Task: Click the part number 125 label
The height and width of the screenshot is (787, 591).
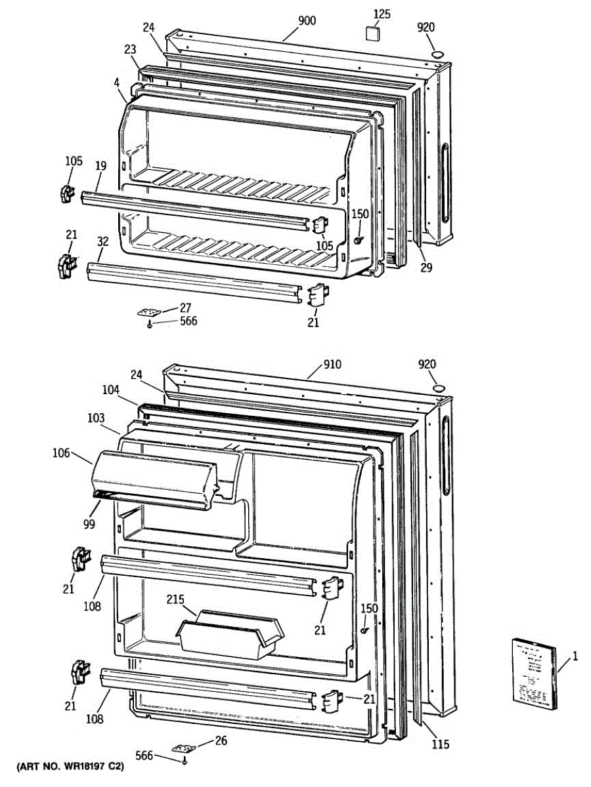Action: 382,14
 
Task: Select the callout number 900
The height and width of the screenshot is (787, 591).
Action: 307,21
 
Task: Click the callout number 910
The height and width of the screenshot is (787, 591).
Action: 332,365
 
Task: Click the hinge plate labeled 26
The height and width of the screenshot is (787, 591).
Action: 184,747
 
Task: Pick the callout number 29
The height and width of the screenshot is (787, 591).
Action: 427,268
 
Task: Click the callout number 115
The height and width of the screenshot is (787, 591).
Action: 440,744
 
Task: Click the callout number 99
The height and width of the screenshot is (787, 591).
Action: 89,523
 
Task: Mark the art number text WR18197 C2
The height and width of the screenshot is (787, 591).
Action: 70,765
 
